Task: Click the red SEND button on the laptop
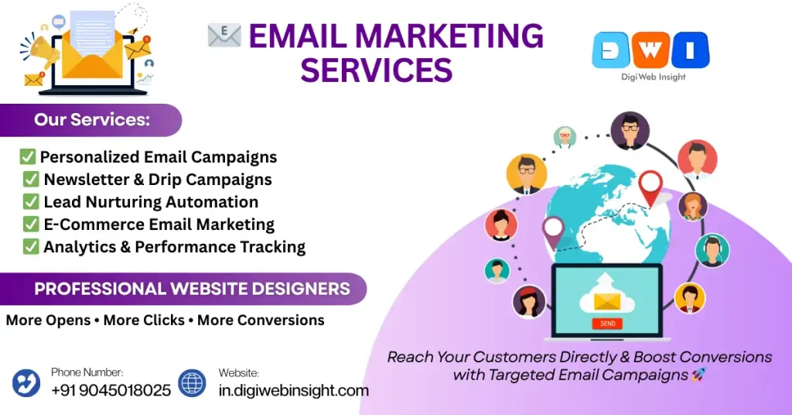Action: pos(607,324)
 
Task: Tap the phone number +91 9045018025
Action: pos(111,390)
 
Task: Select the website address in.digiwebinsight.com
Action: pos(293,390)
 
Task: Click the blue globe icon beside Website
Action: pos(192,382)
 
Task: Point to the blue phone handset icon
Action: pos(26,382)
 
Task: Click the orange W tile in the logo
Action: pos(650,50)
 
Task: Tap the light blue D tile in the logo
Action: pos(611,50)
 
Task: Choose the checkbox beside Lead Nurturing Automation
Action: pos(31,201)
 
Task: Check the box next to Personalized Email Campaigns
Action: pos(27,156)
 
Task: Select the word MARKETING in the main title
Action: pos(449,36)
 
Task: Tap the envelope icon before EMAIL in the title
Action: pos(224,36)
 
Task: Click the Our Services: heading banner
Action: pos(91,120)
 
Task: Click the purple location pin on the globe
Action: pos(553,232)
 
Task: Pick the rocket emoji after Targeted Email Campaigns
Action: pos(698,375)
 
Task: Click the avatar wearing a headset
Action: pos(712,250)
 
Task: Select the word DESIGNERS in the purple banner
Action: pos(301,289)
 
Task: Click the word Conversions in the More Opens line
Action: pos(261,320)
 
